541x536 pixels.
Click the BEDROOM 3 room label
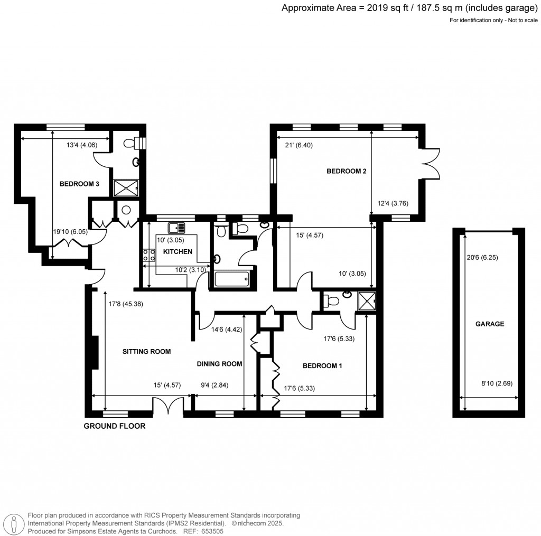[x=79, y=184]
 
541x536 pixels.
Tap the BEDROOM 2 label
[x=347, y=171]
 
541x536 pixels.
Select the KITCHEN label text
[x=178, y=252]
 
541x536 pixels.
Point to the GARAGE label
[x=490, y=324]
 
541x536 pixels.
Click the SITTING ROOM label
[x=147, y=352]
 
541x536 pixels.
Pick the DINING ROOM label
[x=219, y=364]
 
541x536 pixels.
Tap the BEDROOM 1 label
[x=322, y=365]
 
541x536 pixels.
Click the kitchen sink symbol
[x=176, y=228]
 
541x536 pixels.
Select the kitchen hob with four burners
[x=149, y=255]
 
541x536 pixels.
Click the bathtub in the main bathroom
[x=231, y=279]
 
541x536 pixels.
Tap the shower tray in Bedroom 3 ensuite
[x=126, y=188]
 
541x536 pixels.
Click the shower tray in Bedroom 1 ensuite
[x=367, y=301]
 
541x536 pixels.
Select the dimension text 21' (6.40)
[x=299, y=145]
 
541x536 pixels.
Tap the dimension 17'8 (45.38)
[x=126, y=304]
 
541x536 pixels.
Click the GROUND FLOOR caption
[x=115, y=426]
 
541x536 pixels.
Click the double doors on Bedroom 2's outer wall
[x=430, y=164]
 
